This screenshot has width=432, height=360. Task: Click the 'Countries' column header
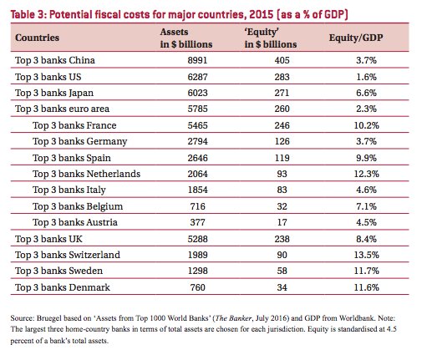(37, 38)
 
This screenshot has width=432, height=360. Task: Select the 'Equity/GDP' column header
(356, 38)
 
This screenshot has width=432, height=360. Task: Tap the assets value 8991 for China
(197, 60)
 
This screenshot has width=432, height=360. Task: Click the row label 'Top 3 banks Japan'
(54, 93)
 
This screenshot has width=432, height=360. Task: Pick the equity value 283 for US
(282, 77)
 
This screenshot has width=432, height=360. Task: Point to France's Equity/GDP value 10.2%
(366, 125)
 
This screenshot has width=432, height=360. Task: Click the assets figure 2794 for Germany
(197, 141)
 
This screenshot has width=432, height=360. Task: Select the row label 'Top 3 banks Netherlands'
(86, 174)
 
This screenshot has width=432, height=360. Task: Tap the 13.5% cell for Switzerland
(366, 255)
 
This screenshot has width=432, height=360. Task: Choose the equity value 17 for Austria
(282, 222)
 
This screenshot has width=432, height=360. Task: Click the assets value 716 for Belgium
(197, 206)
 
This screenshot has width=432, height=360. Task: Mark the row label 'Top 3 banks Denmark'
(63, 287)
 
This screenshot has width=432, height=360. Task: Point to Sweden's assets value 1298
(197, 271)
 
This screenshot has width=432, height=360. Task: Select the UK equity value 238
(282, 239)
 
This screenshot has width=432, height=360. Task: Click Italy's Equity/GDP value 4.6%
(366, 190)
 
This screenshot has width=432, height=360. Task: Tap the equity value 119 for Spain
(282, 158)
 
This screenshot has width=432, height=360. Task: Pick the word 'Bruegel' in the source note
(49, 318)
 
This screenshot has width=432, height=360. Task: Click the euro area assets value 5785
(197, 109)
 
